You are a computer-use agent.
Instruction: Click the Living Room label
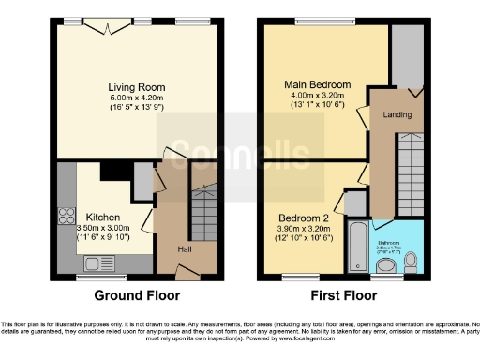138,84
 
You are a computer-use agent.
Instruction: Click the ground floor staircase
202,215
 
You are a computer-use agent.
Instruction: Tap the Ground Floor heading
138,295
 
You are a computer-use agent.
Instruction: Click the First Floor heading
342,295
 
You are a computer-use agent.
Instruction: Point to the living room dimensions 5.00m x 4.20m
138,97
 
